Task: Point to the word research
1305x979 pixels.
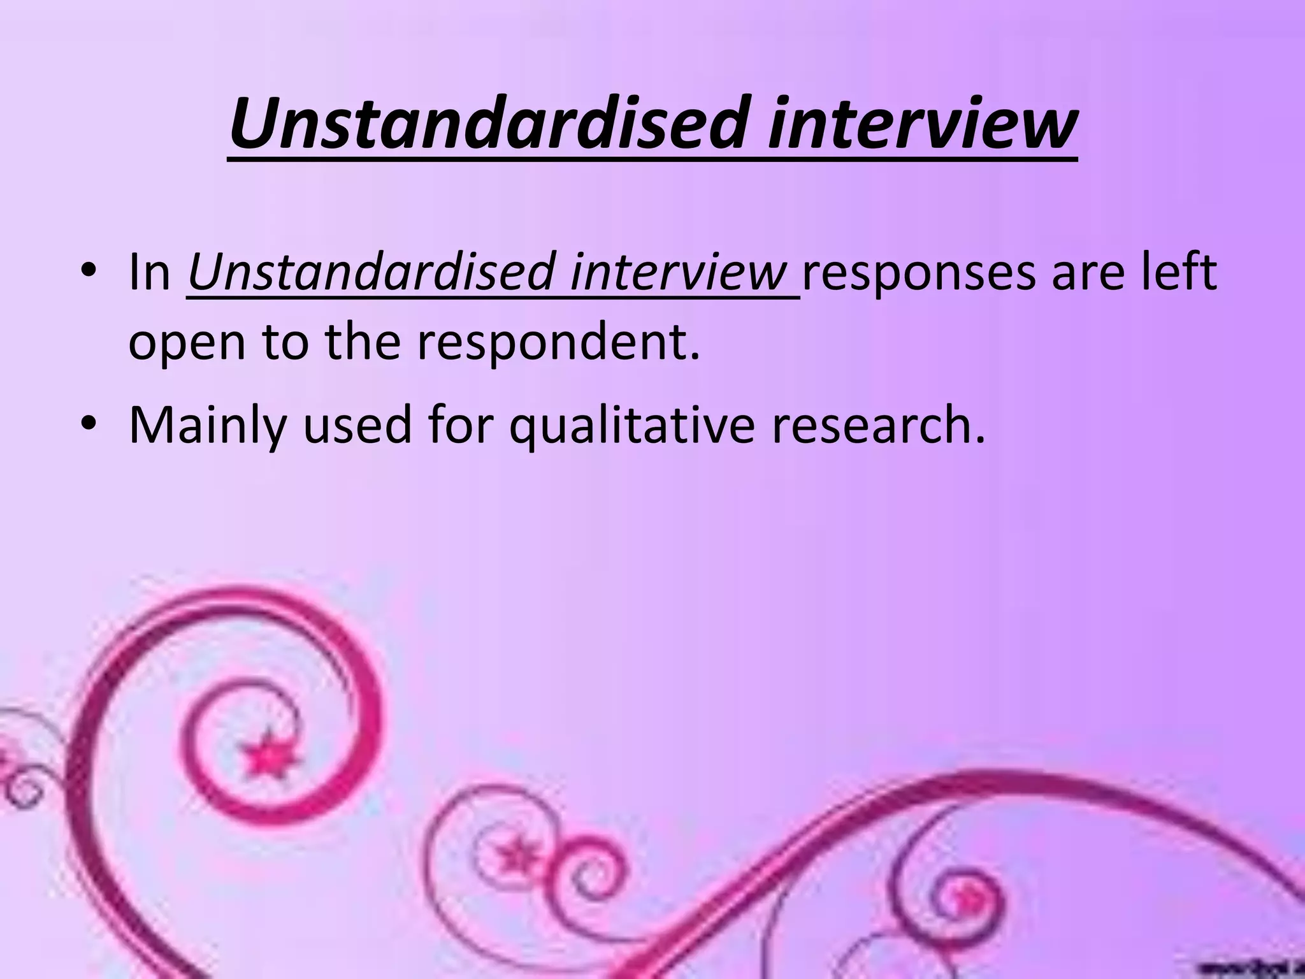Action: tap(878, 424)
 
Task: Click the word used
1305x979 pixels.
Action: tap(357, 424)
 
